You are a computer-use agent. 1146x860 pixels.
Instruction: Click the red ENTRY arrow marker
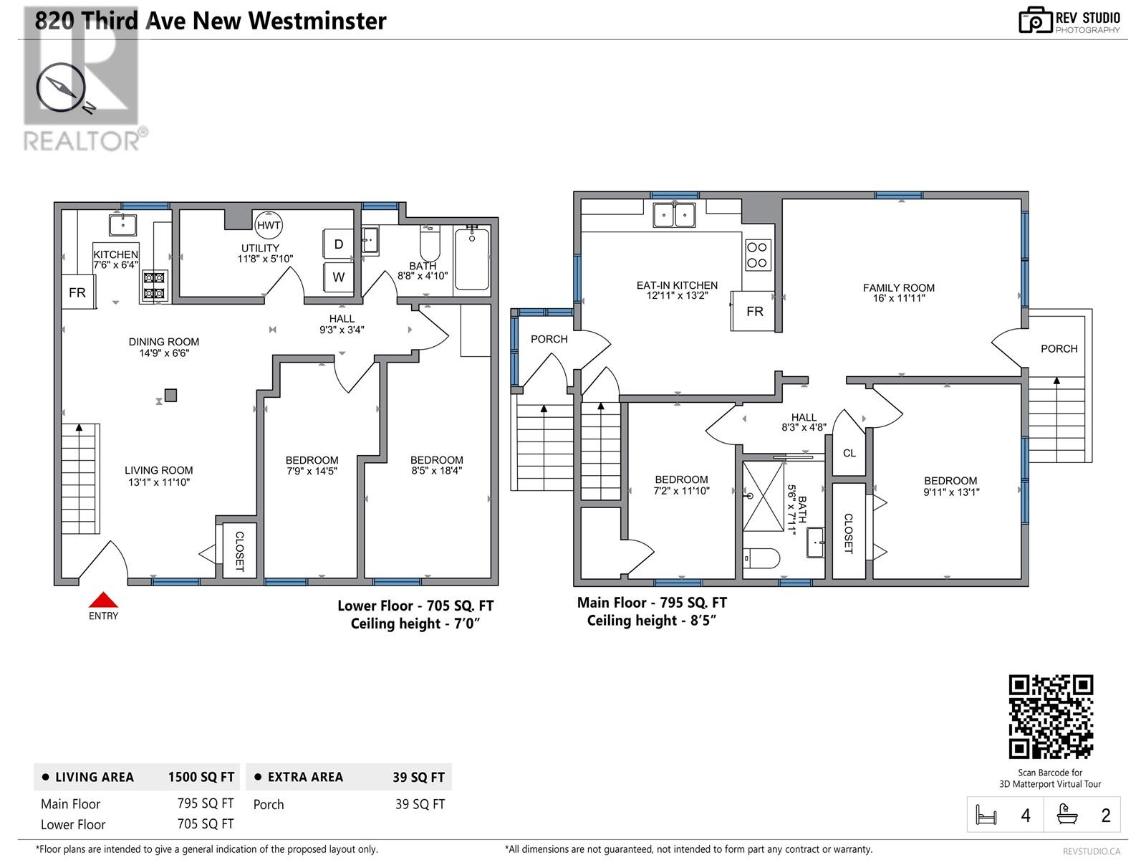pyautogui.click(x=103, y=600)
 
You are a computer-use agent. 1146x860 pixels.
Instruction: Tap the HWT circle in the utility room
pyautogui.click(x=269, y=225)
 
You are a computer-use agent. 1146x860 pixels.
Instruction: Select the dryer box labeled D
pyautogui.click(x=338, y=244)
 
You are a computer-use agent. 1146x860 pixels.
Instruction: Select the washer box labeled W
pyautogui.click(x=338, y=277)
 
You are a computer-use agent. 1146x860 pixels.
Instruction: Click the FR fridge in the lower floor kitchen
pyautogui.click(x=77, y=292)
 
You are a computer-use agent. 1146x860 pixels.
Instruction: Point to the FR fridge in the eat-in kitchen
pyautogui.click(x=753, y=311)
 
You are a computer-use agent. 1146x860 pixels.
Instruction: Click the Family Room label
pyautogui.click(x=898, y=292)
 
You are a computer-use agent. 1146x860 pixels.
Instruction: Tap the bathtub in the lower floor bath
pyautogui.click(x=471, y=259)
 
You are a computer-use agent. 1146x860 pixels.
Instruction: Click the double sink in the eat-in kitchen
pyautogui.click(x=674, y=214)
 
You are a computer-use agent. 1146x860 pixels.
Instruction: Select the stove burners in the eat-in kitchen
pyautogui.click(x=757, y=254)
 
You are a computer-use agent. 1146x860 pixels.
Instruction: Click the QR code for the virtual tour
pyautogui.click(x=1051, y=717)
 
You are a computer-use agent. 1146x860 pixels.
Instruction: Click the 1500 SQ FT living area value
pyautogui.click(x=201, y=777)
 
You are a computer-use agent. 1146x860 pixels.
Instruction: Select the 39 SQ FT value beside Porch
pyautogui.click(x=420, y=804)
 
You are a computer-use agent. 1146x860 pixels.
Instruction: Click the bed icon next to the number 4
pyautogui.click(x=986, y=815)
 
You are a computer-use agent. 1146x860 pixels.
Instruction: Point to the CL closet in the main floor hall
pyautogui.click(x=849, y=453)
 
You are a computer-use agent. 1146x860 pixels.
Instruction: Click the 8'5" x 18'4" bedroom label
pyautogui.click(x=436, y=465)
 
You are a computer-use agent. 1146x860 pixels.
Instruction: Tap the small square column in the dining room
pyautogui.click(x=170, y=395)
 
